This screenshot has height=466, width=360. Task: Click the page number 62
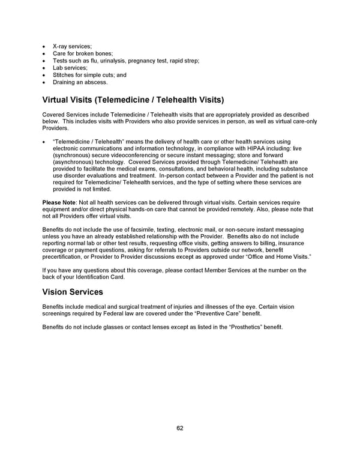[180, 428]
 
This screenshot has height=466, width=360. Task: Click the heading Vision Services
[73, 292]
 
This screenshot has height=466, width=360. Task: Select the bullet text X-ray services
[72, 46]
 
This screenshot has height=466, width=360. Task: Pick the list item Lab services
[70, 68]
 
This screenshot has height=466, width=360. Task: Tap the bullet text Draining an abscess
[80, 82]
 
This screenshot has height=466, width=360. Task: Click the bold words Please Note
[59, 202]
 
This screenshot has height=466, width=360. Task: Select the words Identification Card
[97, 277]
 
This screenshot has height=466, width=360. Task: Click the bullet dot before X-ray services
[44, 46]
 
